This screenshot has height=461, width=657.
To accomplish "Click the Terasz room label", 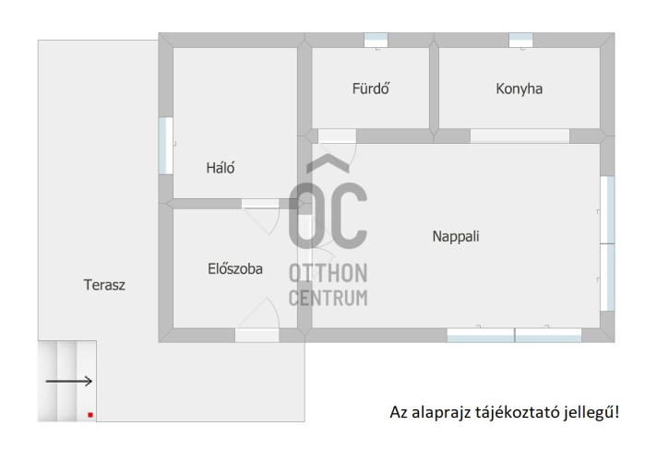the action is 104,285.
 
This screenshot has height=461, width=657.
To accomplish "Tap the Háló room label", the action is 221,168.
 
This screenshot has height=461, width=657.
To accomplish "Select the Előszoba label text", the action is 235,268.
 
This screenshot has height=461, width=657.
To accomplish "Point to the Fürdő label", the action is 371,89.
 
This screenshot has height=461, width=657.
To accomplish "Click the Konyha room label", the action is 520,89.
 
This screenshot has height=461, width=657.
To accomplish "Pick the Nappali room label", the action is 456,236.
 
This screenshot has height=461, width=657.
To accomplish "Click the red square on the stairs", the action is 90,415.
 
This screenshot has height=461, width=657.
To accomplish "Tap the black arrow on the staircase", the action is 68,381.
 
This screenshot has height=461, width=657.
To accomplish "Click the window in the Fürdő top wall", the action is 376,41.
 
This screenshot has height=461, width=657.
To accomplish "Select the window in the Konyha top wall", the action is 520,41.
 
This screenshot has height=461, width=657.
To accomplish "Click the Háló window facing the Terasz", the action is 166,146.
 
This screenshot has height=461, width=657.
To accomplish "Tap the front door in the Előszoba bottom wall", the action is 257,336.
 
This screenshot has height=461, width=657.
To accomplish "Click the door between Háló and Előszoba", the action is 260,204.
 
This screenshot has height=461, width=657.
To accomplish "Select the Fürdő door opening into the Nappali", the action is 337,136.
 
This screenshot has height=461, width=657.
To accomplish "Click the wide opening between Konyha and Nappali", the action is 520,136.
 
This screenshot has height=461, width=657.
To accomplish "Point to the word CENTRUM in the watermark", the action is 328,298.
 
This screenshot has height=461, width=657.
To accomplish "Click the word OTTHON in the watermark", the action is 328,273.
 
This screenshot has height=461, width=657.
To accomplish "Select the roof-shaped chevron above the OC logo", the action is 328,163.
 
